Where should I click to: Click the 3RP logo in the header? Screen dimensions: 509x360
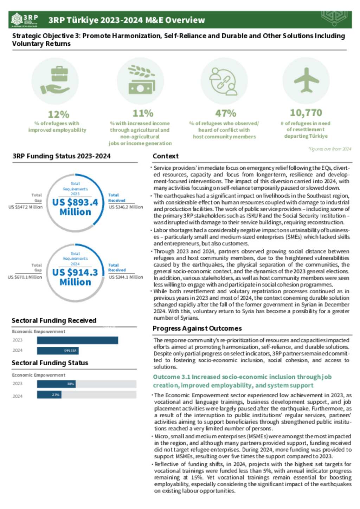point(25,20)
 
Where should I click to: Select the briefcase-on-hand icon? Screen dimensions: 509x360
point(55,81)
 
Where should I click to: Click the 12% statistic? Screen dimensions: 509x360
point(58,114)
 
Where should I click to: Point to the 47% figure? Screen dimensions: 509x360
point(225,113)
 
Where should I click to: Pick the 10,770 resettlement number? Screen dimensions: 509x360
point(306,113)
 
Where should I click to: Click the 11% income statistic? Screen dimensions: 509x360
point(143,113)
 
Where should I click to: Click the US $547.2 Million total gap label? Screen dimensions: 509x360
point(26,207)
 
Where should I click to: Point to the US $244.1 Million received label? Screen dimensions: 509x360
point(126,277)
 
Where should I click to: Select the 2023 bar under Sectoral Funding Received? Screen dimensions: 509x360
point(77,340)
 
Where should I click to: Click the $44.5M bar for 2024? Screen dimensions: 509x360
point(58,351)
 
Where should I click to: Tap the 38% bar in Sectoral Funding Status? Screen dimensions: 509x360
point(56,384)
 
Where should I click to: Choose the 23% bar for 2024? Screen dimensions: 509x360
point(49,395)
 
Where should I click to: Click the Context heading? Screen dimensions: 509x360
point(166,156)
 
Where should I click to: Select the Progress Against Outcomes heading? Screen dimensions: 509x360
point(197,328)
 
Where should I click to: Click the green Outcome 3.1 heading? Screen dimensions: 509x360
point(242,381)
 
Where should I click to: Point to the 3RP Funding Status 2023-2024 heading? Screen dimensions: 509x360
point(62,156)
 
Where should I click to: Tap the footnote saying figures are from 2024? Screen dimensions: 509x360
point(330,149)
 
